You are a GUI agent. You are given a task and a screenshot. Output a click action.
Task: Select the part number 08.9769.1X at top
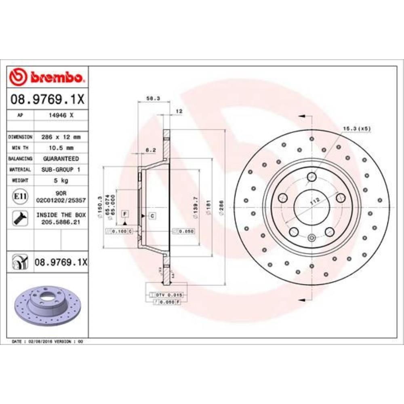click(47, 99)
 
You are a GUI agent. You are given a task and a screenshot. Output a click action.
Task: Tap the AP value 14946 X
click(61, 115)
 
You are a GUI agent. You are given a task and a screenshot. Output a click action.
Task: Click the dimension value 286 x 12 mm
click(61, 137)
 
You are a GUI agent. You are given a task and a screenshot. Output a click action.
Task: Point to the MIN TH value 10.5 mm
click(61, 148)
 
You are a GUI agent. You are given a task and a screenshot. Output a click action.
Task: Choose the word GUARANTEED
click(61, 159)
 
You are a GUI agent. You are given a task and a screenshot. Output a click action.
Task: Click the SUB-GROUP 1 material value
click(61, 170)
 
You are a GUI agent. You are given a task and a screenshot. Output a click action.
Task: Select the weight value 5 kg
click(61, 181)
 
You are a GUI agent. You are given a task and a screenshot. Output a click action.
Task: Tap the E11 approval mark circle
click(20, 197)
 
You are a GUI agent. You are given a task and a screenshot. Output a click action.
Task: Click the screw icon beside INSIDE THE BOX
click(20, 218)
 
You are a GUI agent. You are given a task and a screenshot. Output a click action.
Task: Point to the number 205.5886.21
click(61, 222)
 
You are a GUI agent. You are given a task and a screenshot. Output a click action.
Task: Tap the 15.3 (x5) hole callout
click(356, 128)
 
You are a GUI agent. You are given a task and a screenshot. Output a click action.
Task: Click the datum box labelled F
click(125, 213)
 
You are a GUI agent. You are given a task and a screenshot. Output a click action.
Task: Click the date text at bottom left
click(47, 341)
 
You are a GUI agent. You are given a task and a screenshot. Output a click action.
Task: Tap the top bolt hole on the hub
click(311, 177)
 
